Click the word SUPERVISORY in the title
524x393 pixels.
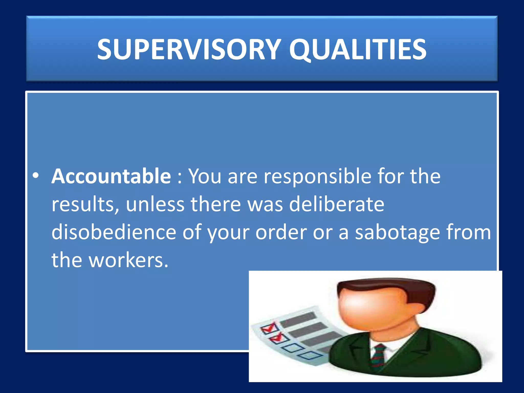[x=189, y=49]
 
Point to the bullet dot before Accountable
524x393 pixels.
[x=36, y=176]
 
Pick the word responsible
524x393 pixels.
[x=317, y=177]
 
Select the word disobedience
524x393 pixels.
[x=114, y=232]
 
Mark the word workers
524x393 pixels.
[x=128, y=260]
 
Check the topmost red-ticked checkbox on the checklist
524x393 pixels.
[x=269, y=328]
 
